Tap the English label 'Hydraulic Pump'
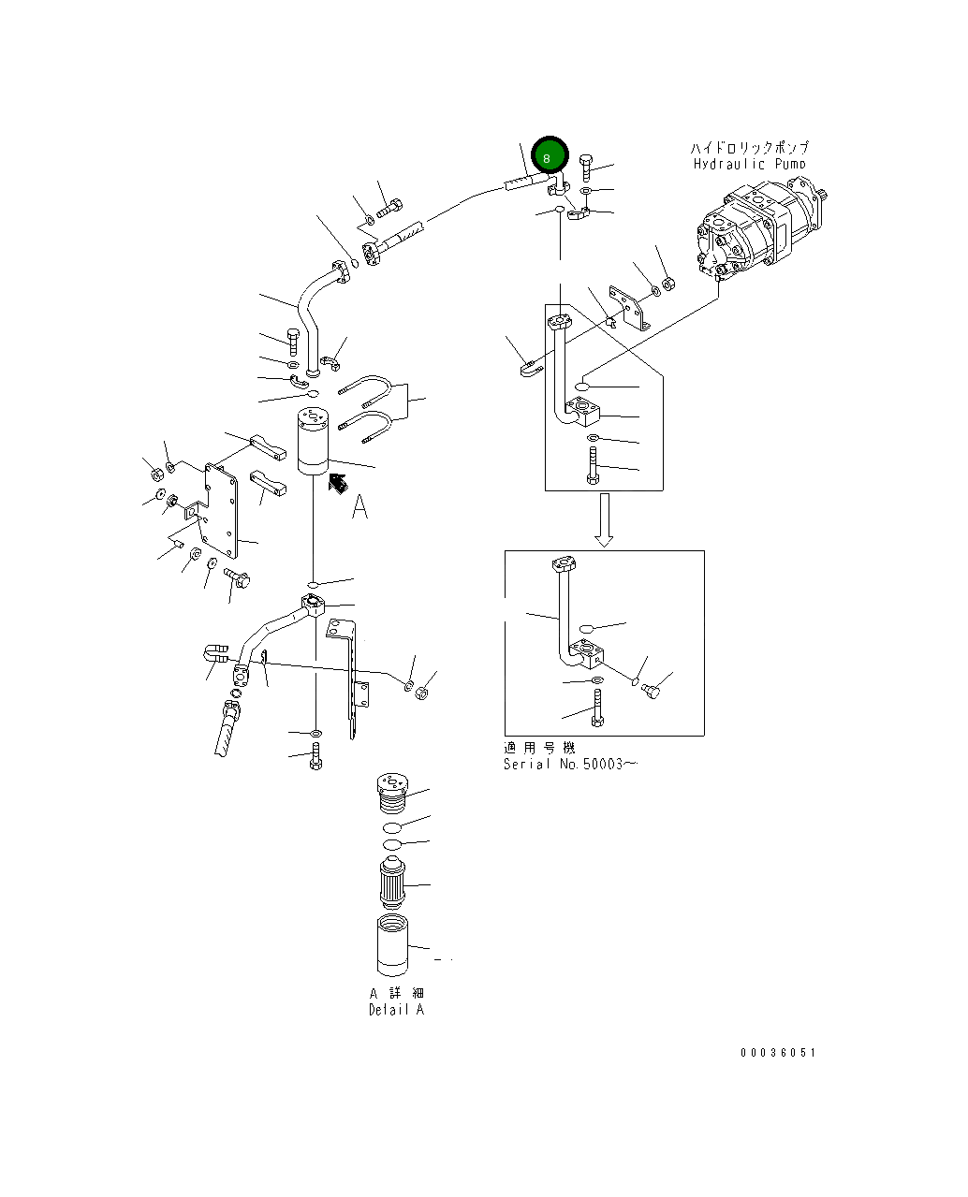[749, 165]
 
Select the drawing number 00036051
[778, 1052]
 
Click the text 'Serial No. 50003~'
[570, 764]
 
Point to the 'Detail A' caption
[396, 1010]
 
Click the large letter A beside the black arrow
[359, 507]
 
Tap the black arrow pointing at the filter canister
[337, 483]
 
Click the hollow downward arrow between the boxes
[605, 519]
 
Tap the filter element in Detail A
[391, 883]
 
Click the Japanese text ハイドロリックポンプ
[749, 148]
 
